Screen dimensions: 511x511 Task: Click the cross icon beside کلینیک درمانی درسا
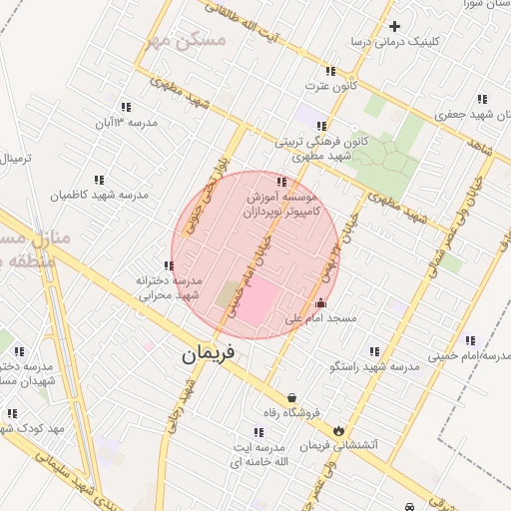pos(395,26)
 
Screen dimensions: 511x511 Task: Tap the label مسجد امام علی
pos(320,319)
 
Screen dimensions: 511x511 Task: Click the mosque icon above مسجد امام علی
pos(319,303)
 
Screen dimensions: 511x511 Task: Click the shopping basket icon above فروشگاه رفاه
pos(291,396)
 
